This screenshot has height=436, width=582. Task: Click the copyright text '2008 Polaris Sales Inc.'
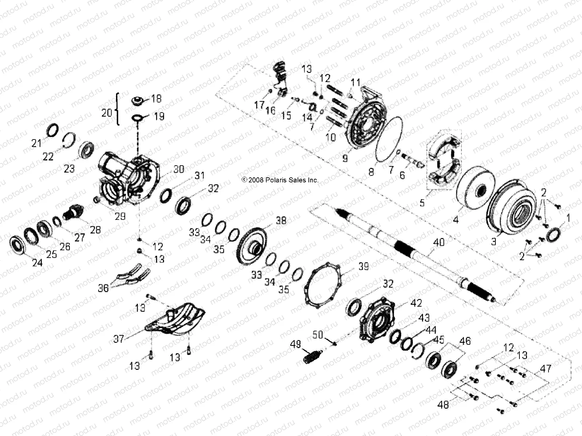point(280,180)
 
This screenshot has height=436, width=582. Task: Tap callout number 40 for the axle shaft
point(439,242)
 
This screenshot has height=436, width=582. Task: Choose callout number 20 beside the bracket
point(107,113)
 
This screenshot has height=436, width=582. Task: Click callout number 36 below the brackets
point(104,288)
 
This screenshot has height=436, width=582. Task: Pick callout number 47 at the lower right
point(546,369)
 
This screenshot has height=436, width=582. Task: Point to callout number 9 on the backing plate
point(344,158)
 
